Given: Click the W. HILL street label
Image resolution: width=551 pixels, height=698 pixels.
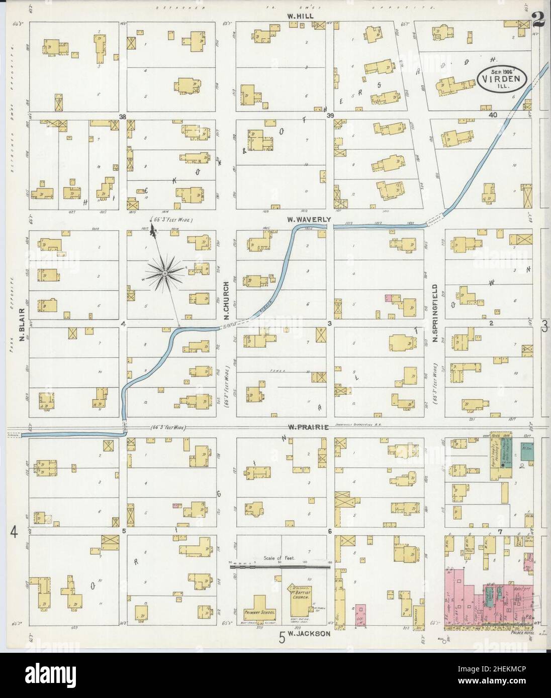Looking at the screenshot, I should tap(300, 16).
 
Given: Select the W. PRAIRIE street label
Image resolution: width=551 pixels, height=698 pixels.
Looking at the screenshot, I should tap(308, 427).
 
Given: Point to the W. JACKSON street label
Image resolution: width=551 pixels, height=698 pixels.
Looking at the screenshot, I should tap(310, 634).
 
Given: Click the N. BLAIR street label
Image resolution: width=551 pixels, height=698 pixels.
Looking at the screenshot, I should tap(22, 325).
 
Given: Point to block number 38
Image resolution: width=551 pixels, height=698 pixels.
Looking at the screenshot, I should tap(122, 116).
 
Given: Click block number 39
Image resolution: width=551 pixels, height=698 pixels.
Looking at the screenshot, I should tap(330, 116).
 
